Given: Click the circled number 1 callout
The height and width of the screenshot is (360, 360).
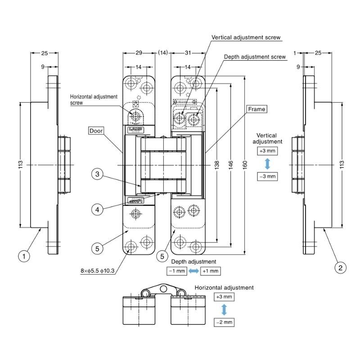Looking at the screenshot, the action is pyautogui.click(x=24, y=256).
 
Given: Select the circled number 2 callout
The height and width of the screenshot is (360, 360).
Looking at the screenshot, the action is pyautogui.click(x=340, y=267).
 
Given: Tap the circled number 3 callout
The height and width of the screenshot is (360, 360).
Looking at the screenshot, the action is pyautogui.click(x=97, y=174).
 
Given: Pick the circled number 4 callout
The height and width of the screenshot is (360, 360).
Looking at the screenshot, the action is pyautogui.click(x=97, y=209).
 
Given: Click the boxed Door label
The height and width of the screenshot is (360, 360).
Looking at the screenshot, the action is pyautogui.click(x=96, y=130).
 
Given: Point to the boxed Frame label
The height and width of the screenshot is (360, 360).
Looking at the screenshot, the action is pyautogui.click(x=256, y=109).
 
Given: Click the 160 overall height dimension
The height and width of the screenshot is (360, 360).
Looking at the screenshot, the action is pyautogui.click(x=245, y=165).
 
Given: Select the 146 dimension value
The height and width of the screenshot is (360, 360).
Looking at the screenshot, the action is pyautogui.click(x=231, y=165).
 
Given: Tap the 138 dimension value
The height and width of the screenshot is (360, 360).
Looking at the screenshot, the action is pyautogui.click(x=217, y=165).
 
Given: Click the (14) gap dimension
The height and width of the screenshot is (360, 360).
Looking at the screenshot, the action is pyautogui.click(x=163, y=53).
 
